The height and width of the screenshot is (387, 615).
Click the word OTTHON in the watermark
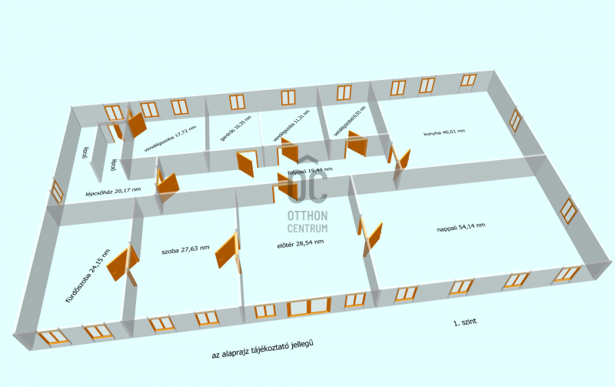pyautogui.click(x=307, y=216)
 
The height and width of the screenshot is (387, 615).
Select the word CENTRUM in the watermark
pyautogui.click(x=307, y=229)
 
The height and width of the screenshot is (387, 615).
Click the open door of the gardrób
pyautogui.click(x=248, y=163)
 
